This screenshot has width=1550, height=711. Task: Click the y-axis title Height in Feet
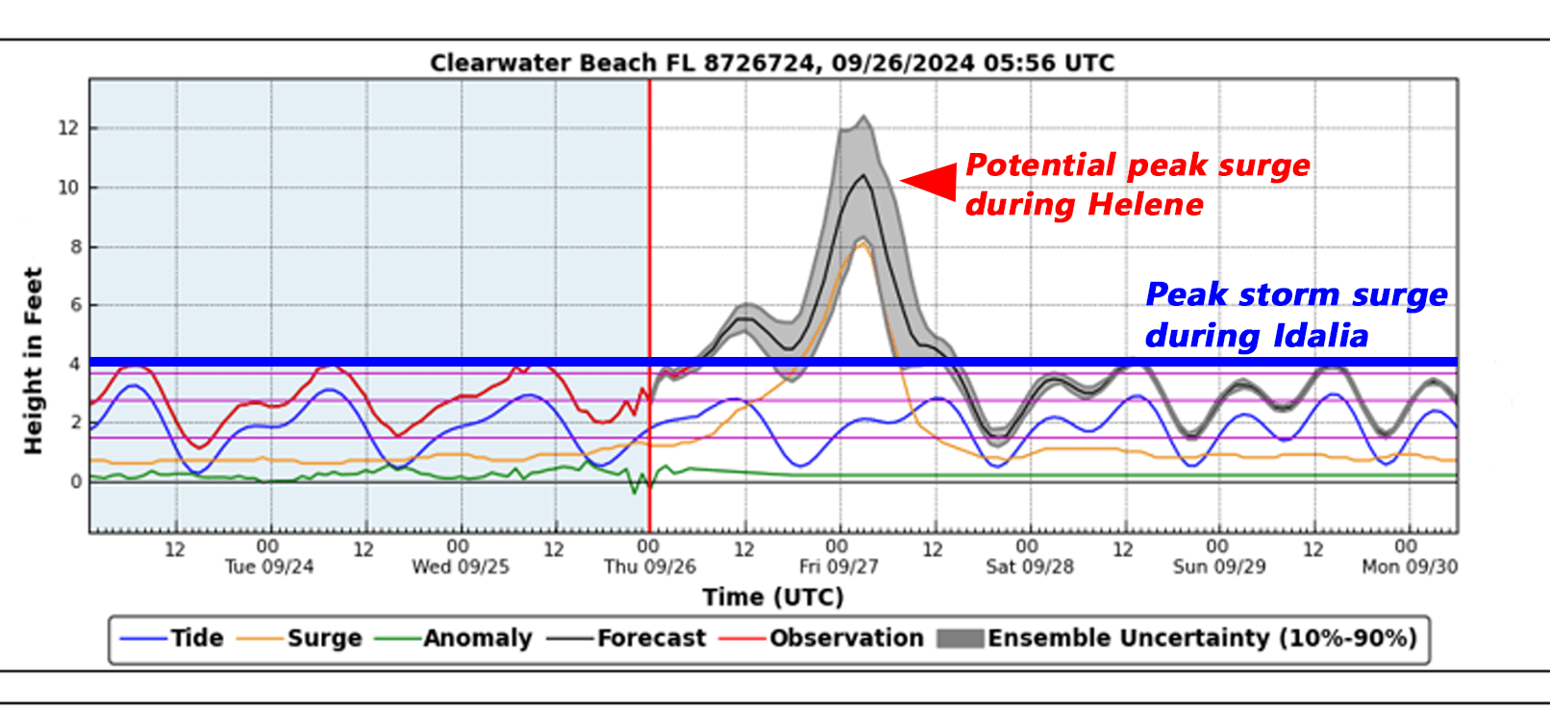pos(34,361)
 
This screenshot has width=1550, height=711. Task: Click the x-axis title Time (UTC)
pos(772,597)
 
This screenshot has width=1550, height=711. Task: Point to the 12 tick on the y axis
pos(68,128)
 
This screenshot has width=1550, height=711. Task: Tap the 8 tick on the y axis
pos(74,247)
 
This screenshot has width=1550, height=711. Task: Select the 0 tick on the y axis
pos(76,482)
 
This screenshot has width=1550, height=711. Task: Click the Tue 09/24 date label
pos(269,567)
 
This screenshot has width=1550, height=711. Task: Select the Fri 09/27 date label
pos(838,567)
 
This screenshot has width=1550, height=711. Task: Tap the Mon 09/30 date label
pos(1409,567)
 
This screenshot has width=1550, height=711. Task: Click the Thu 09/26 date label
pos(649,567)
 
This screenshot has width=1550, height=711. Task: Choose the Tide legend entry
pos(196,639)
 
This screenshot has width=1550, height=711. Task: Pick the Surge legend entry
pos(324,639)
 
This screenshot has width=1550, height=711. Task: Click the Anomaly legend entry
pos(477,639)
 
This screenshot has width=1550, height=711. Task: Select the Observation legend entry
pos(845,639)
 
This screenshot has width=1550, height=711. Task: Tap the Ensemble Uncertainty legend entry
pos(1201,639)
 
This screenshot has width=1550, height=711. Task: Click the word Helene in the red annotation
pos(1145,205)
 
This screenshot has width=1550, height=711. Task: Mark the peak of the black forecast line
pos(863,176)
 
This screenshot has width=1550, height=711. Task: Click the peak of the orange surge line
pos(862,244)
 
